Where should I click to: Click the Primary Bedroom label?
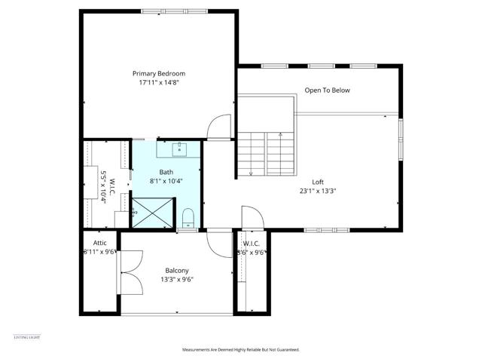point(159,73)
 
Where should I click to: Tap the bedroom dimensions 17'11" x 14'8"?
point(159,83)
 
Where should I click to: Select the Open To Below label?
point(327,90)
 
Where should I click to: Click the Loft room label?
point(317,182)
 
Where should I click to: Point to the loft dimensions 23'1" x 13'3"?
point(317,191)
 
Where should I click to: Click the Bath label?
point(166,172)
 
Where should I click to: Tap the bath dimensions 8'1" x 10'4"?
point(166,181)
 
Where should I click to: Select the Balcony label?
point(177,270)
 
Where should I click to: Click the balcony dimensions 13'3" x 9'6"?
point(177,280)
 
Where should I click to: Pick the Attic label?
point(99,243)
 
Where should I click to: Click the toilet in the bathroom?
point(188,219)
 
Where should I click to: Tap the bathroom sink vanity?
point(179,149)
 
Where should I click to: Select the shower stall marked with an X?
point(153,213)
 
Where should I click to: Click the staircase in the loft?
point(265,154)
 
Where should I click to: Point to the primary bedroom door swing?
point(220,127)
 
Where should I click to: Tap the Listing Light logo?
point(27,336)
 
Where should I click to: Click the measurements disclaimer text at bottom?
point(240,350)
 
